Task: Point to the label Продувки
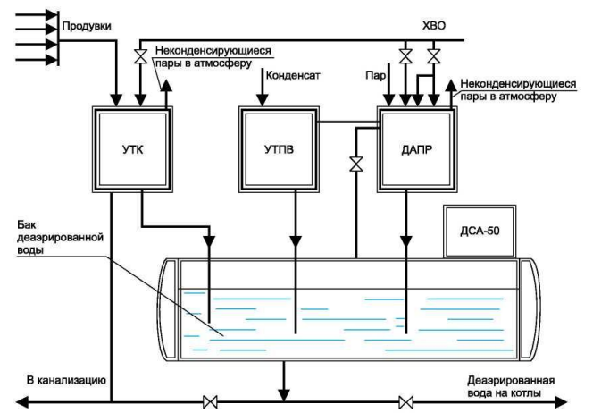[x=87, y=26]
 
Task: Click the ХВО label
[x=434, y=26]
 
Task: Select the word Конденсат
[x=293, y=75]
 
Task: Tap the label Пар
[x=376, y=75]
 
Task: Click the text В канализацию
[x=67, y=380]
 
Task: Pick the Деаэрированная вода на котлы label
[x=511, y=386]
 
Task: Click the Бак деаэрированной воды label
[x=60, y=238]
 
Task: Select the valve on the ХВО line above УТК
[x=141, y=56]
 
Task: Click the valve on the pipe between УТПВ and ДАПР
[x=355, y=164]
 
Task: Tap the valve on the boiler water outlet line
[x=405, y=401]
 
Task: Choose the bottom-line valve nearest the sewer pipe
[x=210, y=401]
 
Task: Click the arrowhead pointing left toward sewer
[x=22, y=401]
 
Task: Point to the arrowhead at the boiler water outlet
[x=561, y=401]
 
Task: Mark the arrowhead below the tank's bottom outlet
[x=284, y=394]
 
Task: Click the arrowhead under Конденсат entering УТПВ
[x=262, y=100]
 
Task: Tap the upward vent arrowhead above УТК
[x=166, y=86]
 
